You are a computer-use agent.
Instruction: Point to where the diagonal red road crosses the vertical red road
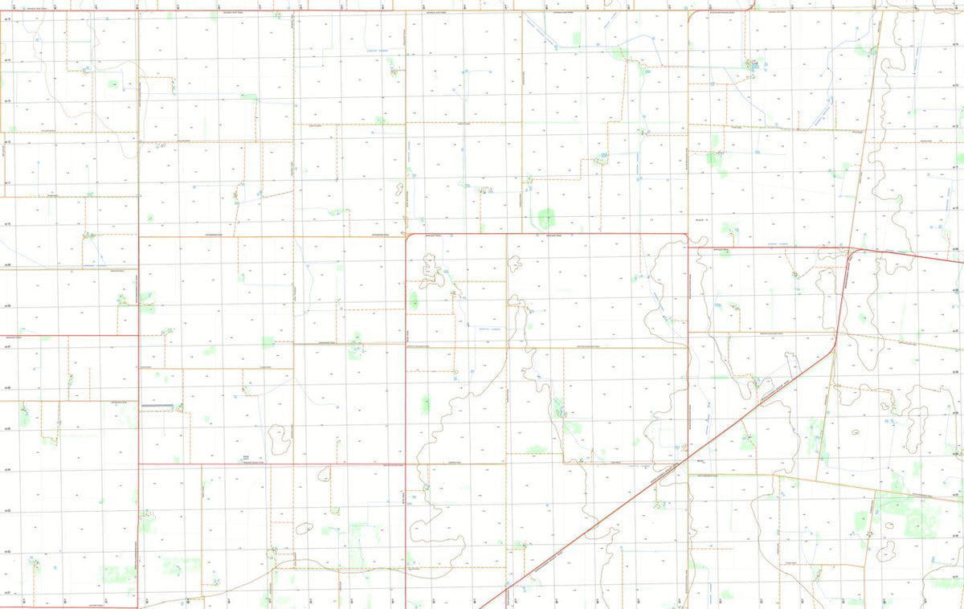[x=688, y=460]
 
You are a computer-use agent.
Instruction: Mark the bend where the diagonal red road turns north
[x=835, y=344]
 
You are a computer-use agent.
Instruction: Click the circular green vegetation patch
[x=546, y=216]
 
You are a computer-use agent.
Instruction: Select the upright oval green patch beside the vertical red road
[x=414, y=300]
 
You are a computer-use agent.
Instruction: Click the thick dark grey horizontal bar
[x=159, y=406]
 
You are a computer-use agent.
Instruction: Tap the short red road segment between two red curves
[x=721, y=10]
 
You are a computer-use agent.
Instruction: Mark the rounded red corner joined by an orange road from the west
[x=409, y=236]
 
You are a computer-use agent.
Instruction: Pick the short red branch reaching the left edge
[x=68, y=336]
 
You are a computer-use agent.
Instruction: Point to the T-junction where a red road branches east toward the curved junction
[x=688, y=247]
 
